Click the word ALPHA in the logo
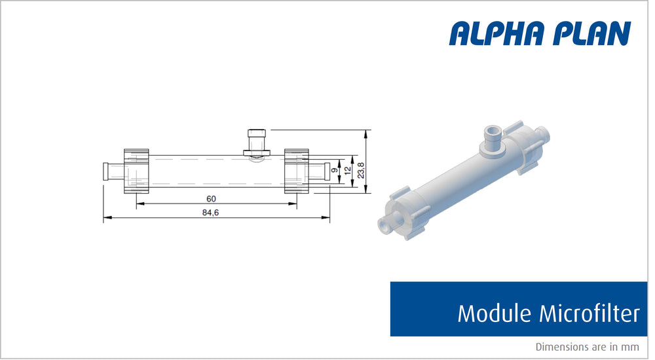tap(496, 33)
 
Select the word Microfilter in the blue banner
tap(588, 314)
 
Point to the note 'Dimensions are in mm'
tap(587, 347)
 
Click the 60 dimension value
tap(211, 198)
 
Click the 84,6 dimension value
tap(212, 212)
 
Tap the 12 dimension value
tap(348, 171)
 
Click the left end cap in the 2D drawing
tap(136, 171)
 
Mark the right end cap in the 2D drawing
tap(296, 171)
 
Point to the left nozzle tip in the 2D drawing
tap(107, 171)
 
